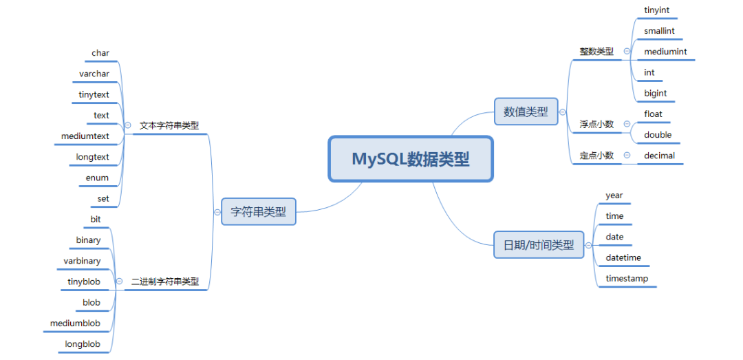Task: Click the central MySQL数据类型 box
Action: coord(411,159)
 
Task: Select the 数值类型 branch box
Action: coord(526,112)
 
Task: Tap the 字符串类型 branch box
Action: coord(259,212)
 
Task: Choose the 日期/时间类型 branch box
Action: coord(539,244)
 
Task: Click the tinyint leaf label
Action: coord(657,10)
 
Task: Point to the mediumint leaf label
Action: coord(665,52)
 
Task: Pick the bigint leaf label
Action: coord(656,93)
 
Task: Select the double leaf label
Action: coord(658,135)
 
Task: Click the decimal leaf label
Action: coord(659,156)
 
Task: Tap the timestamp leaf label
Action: coord(627,279)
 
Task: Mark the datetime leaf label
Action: coord(623,257)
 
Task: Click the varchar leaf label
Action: coord(94,74)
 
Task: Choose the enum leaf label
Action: coord(97,178)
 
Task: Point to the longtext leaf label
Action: coord(93,157)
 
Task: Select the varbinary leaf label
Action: coord(82,261)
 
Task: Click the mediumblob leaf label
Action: coord(75,323)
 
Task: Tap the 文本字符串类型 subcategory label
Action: coord(169,126)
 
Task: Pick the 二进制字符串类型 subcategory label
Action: coord(165,282)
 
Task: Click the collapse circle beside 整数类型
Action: coord(627,51)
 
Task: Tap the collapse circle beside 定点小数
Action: coord(627,156)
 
